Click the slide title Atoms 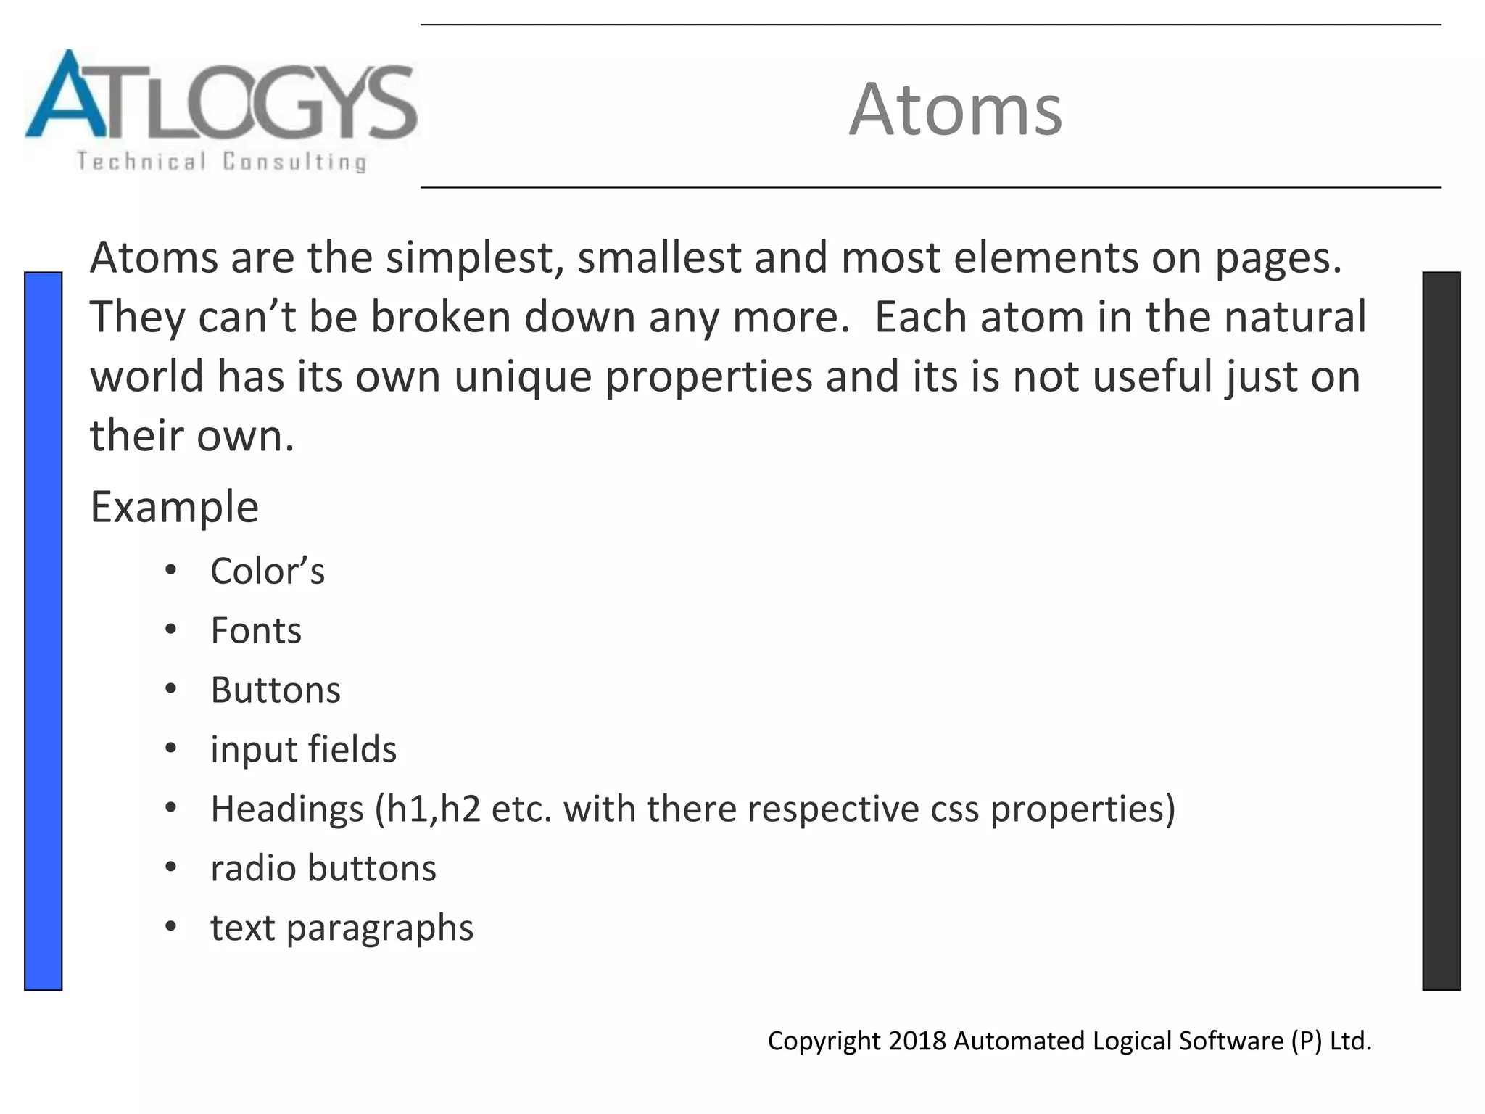click(955, 110)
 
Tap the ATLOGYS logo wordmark click(221, 98)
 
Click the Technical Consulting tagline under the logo click(221, 161)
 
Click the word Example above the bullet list click(174, 506)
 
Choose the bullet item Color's click(267, 572)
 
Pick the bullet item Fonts click(255, 630)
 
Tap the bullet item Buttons click(275, 690)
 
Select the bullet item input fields click(303, 749)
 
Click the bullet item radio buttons click(323, 868)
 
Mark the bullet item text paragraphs click(342, 928)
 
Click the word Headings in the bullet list click(286, 809)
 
